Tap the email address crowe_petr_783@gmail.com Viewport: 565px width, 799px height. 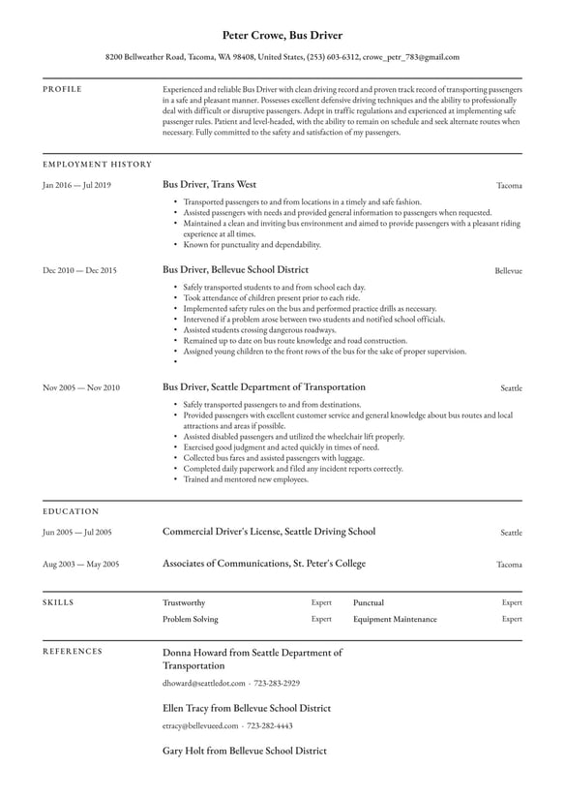(411, 57)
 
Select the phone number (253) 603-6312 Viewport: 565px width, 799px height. (335, 57)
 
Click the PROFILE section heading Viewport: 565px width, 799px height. (63, 89)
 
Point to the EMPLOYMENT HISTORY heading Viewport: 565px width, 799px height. (97, 165)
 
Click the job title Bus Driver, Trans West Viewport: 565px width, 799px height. (210, 184)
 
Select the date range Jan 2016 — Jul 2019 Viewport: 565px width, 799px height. (76, 185)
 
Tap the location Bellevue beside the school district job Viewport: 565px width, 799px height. (508, 271)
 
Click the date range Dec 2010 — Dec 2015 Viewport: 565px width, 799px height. (79, 271)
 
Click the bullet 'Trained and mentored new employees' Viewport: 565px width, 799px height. (246, 479)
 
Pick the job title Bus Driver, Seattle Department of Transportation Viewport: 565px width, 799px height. (264, 387)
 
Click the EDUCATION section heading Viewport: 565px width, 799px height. (71, 511)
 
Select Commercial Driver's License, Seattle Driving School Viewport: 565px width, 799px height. (269, 532)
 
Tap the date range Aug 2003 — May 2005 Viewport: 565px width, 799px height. (80, 565)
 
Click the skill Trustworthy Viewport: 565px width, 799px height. (184, 602)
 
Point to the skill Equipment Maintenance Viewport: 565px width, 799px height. (395, 619)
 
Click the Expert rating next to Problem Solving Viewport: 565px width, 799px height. (321, 619)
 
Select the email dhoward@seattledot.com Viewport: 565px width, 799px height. (203, 683)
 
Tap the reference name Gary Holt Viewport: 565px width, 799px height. (187, 751)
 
